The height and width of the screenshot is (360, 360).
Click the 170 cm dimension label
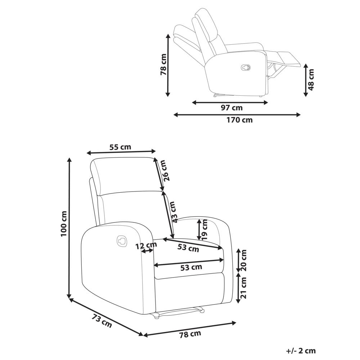(x=240, y=120)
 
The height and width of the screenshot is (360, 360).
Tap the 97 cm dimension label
(x=231, y=108)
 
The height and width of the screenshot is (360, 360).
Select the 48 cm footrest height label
(x=311, y=80)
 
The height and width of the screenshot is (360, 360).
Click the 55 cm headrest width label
(x=120, y=147)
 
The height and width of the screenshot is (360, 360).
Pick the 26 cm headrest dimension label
(x=166, y=171)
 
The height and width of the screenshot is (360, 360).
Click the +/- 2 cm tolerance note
(x=301, y=351)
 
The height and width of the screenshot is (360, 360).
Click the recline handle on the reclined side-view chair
(x=246, y=68)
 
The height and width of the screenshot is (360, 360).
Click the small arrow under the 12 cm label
(x=147, y=251)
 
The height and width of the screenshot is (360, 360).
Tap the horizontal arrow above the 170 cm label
(x=237, y=114)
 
